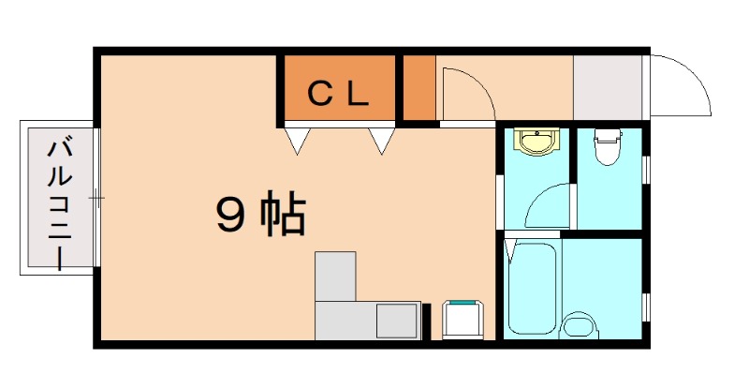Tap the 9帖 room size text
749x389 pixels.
click(260, 217)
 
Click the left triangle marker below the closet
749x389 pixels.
click(298, 141)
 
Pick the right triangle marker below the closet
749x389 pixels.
click(381, 141)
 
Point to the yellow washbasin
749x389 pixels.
click(536, 142)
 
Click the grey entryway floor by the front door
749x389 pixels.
click(608, 87)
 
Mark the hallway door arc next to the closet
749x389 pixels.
click(466, 94)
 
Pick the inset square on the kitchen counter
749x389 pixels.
click(398, 322)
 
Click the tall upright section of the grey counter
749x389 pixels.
click(336, 276)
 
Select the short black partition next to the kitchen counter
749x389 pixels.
click(427, 322)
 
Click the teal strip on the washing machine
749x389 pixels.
click(462, 304)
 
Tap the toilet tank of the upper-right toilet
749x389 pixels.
click(608, 133)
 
